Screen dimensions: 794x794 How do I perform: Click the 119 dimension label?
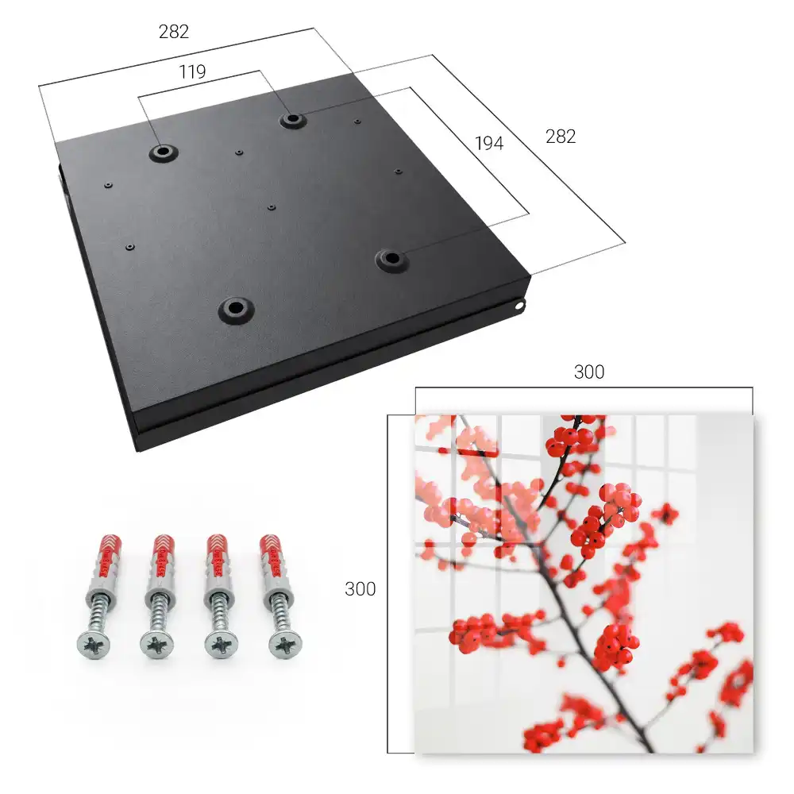pos(192,72)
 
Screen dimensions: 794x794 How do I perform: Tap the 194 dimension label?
pos(489,143)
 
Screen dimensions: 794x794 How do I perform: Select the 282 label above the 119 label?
pos(174,32)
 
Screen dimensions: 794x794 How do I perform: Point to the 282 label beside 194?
pos(561,137)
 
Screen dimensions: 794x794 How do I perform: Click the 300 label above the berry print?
pos(589,372)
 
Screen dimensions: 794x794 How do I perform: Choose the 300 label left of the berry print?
pos(360,589)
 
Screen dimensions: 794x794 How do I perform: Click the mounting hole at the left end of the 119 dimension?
pos(163,152)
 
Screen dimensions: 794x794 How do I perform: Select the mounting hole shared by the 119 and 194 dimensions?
pos(291,120)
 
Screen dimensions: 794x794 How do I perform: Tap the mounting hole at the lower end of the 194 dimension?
pos(391,259)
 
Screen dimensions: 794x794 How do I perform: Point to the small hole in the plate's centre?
pos(272,207)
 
